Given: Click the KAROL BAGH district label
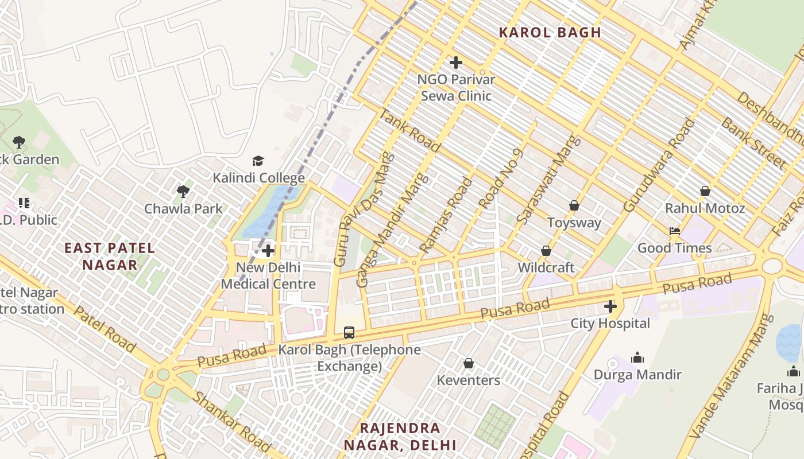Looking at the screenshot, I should (550, 33).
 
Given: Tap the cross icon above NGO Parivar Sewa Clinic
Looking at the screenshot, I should (456, 62).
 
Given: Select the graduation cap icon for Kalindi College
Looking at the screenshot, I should (258, 161).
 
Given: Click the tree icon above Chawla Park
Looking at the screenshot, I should (183, 191).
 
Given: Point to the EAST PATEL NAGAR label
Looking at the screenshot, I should (109, 256).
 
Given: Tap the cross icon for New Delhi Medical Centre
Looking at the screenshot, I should (268, 251).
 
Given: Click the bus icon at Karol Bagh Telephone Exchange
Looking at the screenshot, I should (349, 332).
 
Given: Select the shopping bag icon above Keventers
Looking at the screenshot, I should (469, 363).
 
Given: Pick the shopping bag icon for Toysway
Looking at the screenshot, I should (574, 205).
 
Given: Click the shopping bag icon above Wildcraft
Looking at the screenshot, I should (546, 251).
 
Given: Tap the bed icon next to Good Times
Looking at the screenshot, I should (675, 231).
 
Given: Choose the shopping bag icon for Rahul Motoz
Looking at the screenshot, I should (705, 191).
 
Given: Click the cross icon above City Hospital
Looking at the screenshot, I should (610, 306).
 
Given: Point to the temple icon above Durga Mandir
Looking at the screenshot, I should (637, 358).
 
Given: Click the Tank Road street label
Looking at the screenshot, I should (410, 130).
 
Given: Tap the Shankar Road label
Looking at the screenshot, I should (231, 422).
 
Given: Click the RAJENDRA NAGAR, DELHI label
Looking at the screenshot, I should (400, 436).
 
